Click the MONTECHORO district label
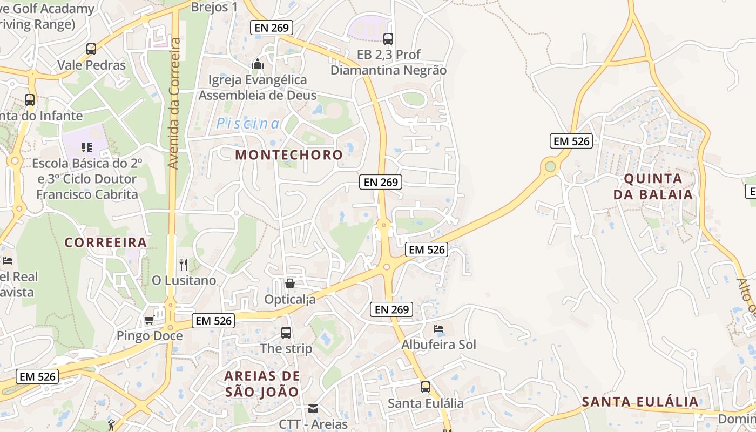pos(289,155)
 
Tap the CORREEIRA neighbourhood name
pos(106,242)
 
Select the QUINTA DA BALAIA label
pos(653,186)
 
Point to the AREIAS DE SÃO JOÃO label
pos(262,384)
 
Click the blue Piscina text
pos(248,124)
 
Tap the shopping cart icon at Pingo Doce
pos(149,320)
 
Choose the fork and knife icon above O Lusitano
pos(184,264)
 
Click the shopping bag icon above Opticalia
pos(290,283)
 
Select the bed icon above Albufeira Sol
pos(438,328)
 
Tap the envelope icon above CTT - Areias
pos(313,408)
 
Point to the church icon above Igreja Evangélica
pos(258,64)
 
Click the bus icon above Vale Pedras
pos(91,49)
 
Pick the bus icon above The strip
pos(286,333)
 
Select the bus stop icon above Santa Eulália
pos(426,387)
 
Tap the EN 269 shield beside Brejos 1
pos(271,28)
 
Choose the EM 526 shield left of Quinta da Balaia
pos(572,141)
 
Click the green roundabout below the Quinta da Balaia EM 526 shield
pos(550,166)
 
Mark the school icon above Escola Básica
pos(86,147)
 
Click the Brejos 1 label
pos(214,7)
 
